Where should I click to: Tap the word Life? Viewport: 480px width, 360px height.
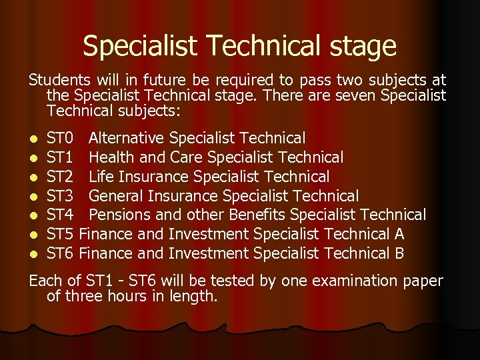[101, 177]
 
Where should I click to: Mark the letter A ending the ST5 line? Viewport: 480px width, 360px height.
[399, 234]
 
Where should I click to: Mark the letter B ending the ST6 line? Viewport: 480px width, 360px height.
[399, 253]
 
